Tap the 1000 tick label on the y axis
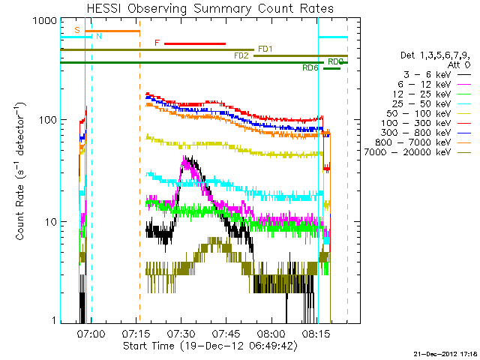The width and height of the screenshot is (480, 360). [46, 21]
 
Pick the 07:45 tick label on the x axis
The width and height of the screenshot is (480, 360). [225, 334]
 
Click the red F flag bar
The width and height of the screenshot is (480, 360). [194, 43]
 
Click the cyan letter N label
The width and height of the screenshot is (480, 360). [99, 36]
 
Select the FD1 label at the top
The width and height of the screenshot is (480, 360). [265, 49]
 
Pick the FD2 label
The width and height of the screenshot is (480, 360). [241, 55]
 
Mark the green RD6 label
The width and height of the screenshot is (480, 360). [310, 68]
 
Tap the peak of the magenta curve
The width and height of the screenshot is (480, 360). [184, 160]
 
